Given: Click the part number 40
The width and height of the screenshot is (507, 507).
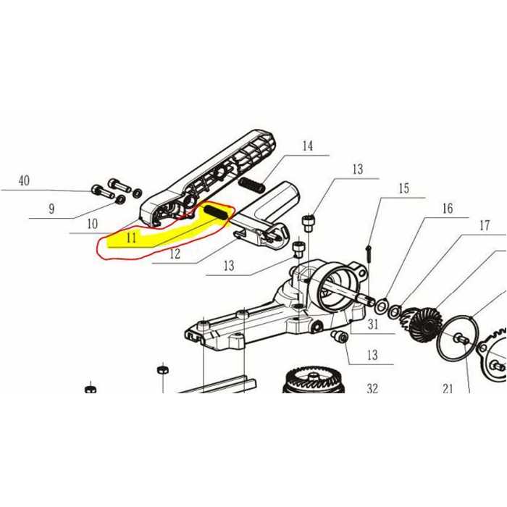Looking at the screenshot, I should point(24,181).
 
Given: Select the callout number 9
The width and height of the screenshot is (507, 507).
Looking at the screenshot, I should point(51,209).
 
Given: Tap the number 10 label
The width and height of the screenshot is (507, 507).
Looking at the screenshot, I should point(92,224).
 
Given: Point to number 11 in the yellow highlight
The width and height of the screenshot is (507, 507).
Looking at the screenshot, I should point(131,237).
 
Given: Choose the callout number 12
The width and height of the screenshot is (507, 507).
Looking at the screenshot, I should point(175,253).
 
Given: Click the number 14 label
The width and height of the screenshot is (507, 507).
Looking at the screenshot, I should point(307,146).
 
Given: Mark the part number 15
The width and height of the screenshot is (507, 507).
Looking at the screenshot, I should point(403,189).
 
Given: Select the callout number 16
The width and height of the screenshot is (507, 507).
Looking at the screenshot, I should point(447,209).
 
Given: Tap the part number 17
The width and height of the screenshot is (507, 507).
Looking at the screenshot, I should point(484,225).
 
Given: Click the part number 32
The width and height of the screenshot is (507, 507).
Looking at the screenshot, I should point(372,388).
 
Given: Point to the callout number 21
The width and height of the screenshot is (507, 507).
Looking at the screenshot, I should point(448,388).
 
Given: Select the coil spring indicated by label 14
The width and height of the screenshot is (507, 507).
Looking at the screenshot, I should point(251,185).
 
